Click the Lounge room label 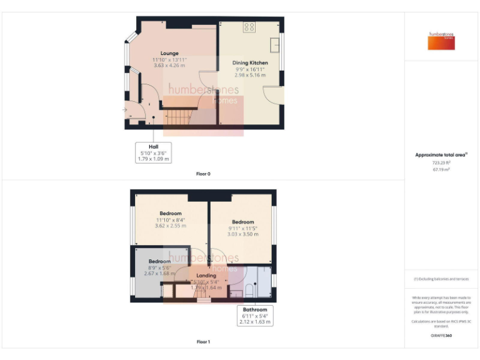tap(169, 54)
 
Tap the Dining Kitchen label tap(250, 63)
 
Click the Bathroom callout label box tap(254, 316)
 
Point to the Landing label tap(206, 276)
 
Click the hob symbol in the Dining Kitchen tap(249, 27)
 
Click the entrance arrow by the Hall tap(125, 111)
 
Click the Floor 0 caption tap(203, 174)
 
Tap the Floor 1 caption tap(203, 342)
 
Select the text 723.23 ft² tap(441, 163)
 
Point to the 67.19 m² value tap(441, 169)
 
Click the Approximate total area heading tap(440, 155)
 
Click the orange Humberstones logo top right tap(441, 41)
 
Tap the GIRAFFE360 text tap(441, 336)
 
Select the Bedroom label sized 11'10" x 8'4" tap(170, 214)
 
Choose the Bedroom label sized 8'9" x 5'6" tap(159, 261)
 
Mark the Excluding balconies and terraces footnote tap(441, 279)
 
